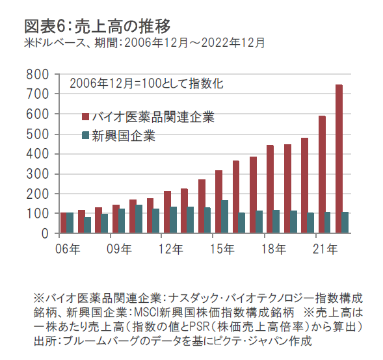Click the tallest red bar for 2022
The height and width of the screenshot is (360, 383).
click(x=339, y=159)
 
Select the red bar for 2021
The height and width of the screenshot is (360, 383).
click(x=322, y=175)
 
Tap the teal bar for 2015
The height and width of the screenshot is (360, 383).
click(x=225, y=217)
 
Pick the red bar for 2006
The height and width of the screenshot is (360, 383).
click(x=64, y=223)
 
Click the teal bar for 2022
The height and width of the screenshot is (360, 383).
click(x=345, y=223)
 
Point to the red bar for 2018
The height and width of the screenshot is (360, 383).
click(x=270, y=189)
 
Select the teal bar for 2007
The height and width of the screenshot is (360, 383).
click(x=87, y=225)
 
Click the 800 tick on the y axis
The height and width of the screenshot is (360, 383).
click(x=38, y=75)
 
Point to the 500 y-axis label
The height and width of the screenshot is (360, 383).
click(x=38, y=135)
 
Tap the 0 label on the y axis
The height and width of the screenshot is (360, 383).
click(x=45, y=234)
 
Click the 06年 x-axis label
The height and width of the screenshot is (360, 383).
click(x=68, y=249)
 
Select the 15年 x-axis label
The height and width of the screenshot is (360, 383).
click(x=222, y=249)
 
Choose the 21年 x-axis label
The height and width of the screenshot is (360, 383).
click(x=325, y=249)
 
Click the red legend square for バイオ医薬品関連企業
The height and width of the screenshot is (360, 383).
click(x=85, y=117)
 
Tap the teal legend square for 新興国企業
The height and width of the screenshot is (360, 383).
click(x=85, y=135)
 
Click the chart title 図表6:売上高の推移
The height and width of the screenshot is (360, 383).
click(x=98, y=27)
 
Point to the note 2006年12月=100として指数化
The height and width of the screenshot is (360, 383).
click(x=146, y=83)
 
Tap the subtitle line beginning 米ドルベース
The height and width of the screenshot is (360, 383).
click(x=144, y=43)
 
